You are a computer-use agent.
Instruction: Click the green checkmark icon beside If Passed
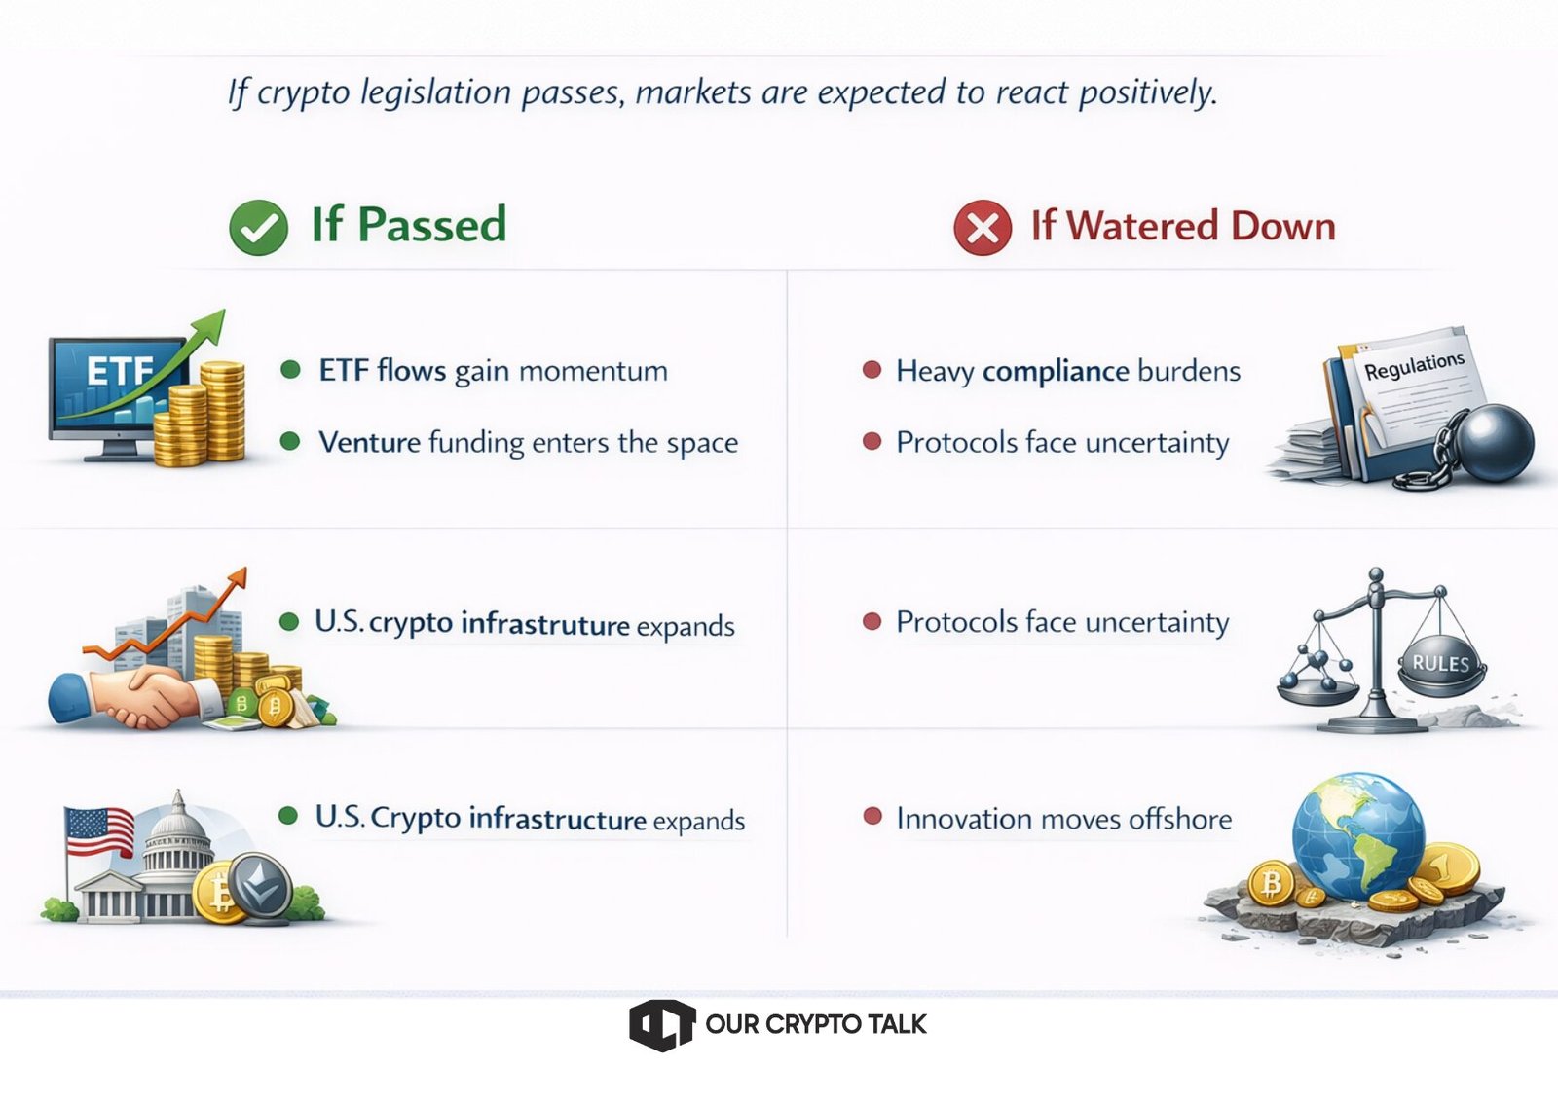258,228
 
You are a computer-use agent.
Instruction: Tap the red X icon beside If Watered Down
983,228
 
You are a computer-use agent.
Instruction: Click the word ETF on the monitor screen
120,371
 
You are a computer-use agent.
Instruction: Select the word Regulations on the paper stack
1414,366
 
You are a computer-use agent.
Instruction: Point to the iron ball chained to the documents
1495,443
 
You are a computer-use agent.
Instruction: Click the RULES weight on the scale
1440,664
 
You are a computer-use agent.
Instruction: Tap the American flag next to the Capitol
99,831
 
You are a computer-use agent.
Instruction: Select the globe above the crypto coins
1357,835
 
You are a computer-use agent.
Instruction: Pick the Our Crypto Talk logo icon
661,1025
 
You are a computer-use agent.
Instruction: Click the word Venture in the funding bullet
369,442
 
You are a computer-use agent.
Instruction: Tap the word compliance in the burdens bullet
1056,372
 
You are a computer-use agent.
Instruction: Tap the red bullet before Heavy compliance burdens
872,369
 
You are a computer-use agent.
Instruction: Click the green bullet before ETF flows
290,369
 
